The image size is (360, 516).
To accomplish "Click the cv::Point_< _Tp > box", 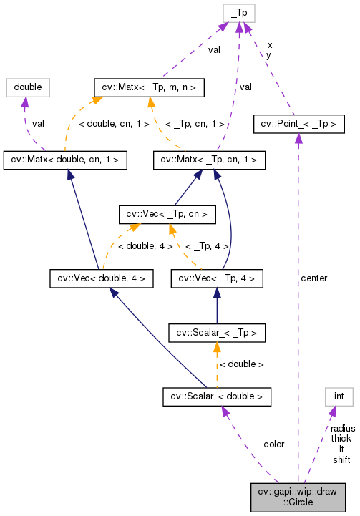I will point(295,124).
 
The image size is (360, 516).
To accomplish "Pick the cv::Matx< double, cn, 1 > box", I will point(66,160).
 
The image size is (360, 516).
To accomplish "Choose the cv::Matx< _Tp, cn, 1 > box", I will point(205,160).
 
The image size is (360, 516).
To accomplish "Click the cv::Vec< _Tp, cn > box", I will point(166,213).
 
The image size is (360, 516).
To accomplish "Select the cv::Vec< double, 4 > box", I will point(101,277).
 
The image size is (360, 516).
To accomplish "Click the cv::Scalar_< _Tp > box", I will point(216,332).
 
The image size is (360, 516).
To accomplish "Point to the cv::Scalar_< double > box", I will point(216,395).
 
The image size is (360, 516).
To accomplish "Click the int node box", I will point(339,395).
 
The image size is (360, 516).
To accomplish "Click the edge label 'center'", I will point(314,278).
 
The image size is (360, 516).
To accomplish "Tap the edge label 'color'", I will point(273,444).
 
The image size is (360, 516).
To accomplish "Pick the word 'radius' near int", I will point(342,428).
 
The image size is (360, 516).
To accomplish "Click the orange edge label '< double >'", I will point(241,364).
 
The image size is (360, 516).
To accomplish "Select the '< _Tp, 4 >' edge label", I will point(206,246).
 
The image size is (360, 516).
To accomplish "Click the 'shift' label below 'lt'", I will point(341,459).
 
